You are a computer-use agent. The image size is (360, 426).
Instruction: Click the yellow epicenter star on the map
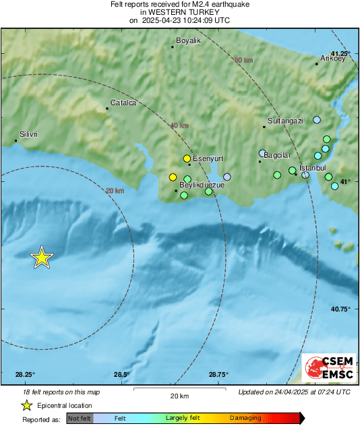[x=42, y=257]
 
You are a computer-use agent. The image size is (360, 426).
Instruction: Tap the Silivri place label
[x=29, y=135]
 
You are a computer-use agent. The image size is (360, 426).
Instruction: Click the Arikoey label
[x=332, y=59]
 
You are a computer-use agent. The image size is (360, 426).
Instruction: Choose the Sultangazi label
[x=285, y=121]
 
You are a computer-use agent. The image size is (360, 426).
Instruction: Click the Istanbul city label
[x=312, y=167]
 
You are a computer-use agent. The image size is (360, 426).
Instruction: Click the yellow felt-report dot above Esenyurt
[x=187, y=158]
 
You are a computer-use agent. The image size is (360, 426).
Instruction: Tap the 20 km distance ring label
[x=115, y=191]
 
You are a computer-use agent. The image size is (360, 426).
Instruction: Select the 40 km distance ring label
[x=179, y=126]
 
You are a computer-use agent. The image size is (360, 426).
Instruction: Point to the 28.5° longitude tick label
[x=121, y=375]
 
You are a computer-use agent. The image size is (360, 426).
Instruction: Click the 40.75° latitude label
[x=340, y=309]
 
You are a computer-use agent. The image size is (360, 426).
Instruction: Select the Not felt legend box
[x=80, y=418]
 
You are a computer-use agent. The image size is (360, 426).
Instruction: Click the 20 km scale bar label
[x=178, y=395]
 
